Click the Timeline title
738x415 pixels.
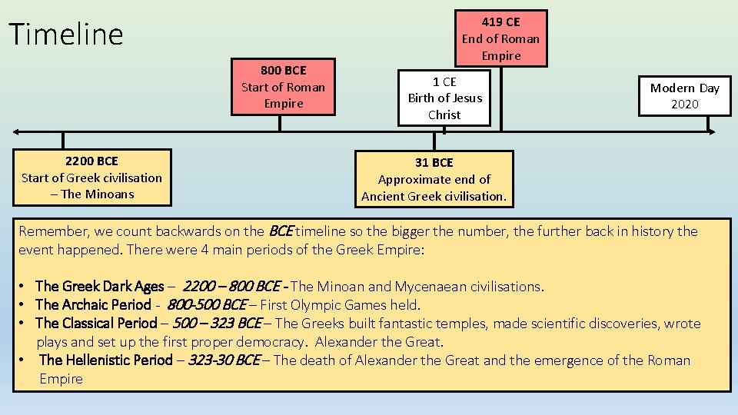pyautogui.click(x=65, y=35)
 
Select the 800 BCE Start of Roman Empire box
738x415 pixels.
pyautogui.click(x=284, y=87)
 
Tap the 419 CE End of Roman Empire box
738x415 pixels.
pyautogui.click(x=500, y=38)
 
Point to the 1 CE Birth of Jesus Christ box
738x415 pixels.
pyautogui.click(x=444, y=98)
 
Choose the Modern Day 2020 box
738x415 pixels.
pyautogui.click(x=684, y=96)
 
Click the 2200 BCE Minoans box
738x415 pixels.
pyautogui.click(x=91, y=178)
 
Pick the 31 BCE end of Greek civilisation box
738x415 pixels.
pyautogui.click(x=434, y=179)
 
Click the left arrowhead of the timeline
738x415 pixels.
pyautogui.click(x=18, y=131)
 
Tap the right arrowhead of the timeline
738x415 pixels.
pyautogui.click(x=711, y=131)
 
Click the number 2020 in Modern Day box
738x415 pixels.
pyautogui.click(x=684, y=105)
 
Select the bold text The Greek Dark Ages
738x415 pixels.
pyautogui.click(x=99, y=287)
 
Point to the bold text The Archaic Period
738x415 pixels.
pyautogui.click(x=93, y=305)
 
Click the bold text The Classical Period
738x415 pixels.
pyautogui.click(x=95, y=324)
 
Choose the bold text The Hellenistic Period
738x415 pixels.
pyautogui.click(x=105, y=360)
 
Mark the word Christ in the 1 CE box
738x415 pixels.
pyautogui.click(x=444, y=115)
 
